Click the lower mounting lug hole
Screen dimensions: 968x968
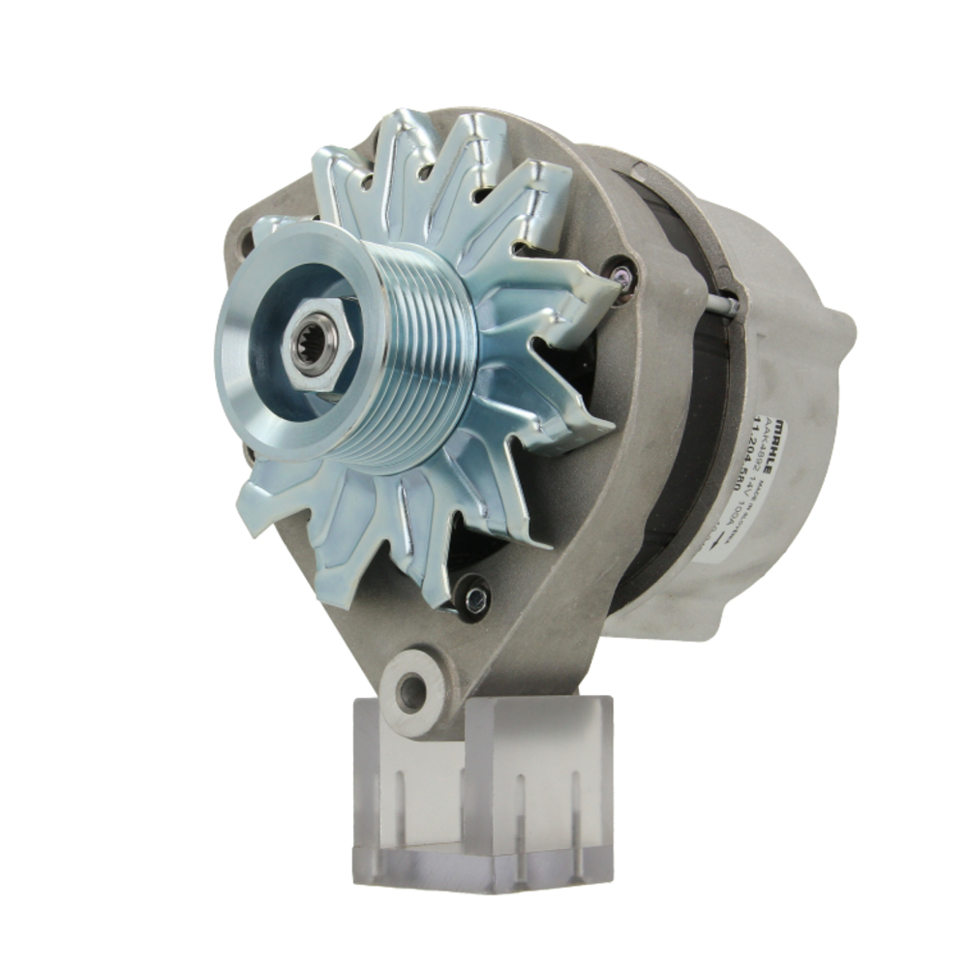pyautogui.click(x=412, y=691)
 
